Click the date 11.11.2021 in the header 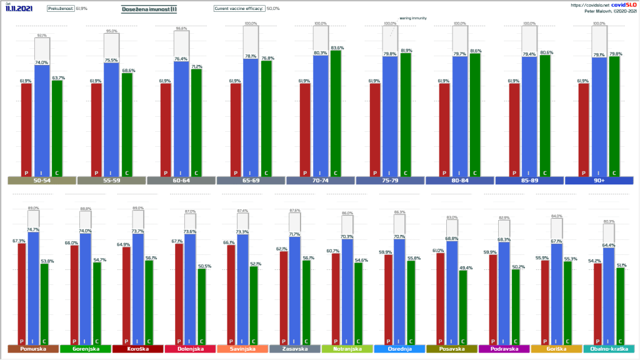(x=19, y=9)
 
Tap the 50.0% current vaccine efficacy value (x=273, y=9)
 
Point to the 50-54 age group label (x=42, y=181)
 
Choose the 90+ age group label (x=599, y=181)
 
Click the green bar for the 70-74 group (x=335, y=112)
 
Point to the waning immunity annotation (x=413, y=18)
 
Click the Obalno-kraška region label (x=609, y=349)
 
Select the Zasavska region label (x=295, y=349)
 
